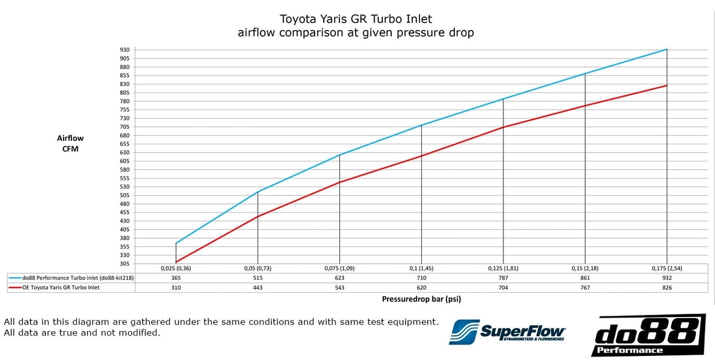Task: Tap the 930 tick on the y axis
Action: point(125,49)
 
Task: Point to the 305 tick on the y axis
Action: point(125,263)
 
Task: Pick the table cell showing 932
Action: point(666,278)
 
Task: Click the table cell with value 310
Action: point(176,288)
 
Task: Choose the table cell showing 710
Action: point(421,278)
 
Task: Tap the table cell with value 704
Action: point(503,288)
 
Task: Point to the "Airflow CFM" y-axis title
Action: point(70,143)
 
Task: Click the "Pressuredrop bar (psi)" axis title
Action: point(421,299)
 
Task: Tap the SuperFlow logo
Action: point(508,333)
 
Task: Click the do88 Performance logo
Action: point(648,335)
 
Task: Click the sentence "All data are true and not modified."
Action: point(82,333)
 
